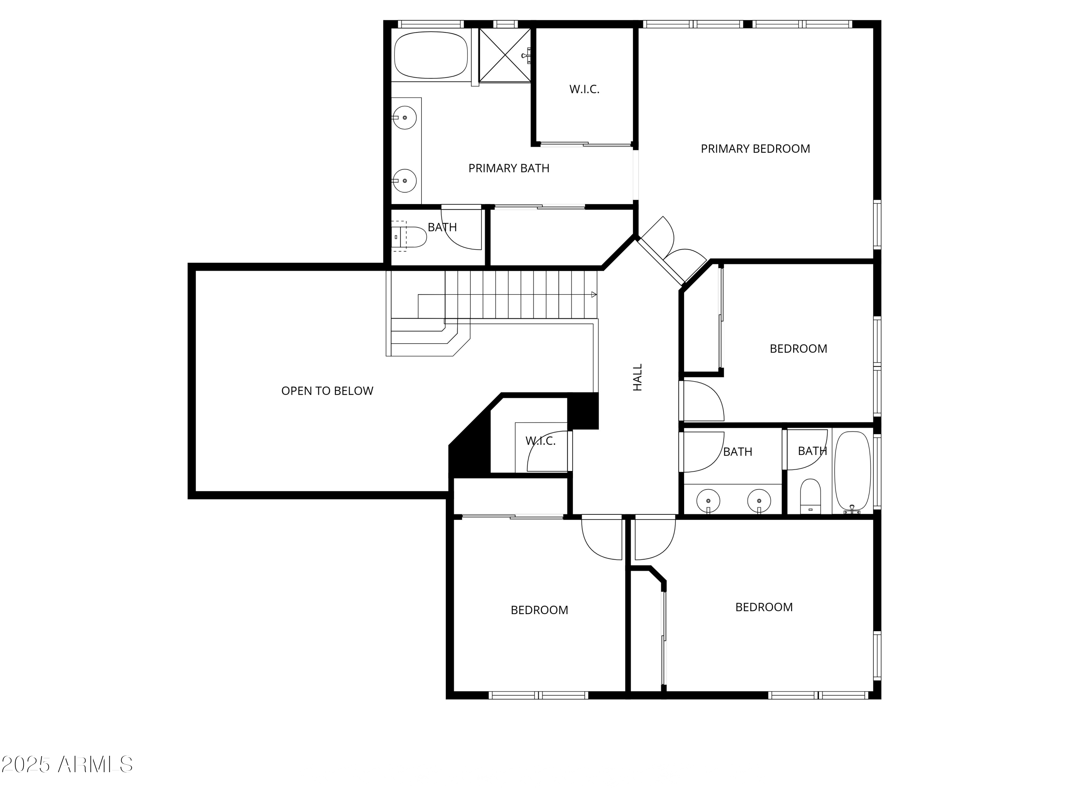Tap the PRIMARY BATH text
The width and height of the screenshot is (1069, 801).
click(508, 168)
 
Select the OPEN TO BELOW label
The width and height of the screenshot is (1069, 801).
click(327, 391)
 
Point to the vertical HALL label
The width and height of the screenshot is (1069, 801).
click(638, 378)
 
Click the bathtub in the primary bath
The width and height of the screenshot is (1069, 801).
click(430, 55)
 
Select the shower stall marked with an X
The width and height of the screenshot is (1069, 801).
click(505, 55)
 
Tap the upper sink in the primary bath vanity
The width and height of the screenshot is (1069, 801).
click(404, 118)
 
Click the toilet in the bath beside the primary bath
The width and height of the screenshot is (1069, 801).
click(411, 237)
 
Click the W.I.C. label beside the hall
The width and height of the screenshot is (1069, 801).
click(540, 441)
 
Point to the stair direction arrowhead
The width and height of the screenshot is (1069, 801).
click(594, 294)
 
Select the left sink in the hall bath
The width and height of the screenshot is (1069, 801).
click(708, 501)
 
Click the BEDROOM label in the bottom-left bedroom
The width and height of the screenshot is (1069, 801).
click(539, 610)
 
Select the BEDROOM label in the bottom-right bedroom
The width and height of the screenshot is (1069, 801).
click(764, 607)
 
